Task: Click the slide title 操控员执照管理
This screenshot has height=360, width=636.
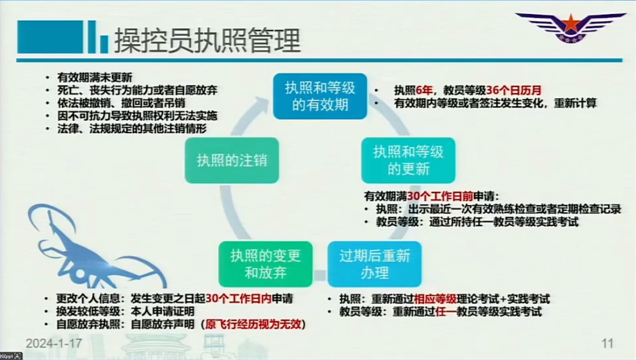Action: (207, 40)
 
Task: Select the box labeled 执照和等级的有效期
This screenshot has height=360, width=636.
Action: (320, 96)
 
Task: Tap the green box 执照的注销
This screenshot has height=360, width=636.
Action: (231, 160)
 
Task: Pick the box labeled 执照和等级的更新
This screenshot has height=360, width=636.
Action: (408, 160)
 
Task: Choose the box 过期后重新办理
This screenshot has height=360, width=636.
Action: (375, 264)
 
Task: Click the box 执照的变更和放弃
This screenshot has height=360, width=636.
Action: (265, 264)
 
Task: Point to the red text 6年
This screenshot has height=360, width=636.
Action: (424, 90)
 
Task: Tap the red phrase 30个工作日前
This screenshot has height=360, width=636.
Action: (440, 196)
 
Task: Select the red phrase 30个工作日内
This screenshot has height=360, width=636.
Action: (238, 299)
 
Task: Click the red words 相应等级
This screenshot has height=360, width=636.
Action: (435, 299)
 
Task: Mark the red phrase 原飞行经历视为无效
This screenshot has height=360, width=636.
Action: (253, 324)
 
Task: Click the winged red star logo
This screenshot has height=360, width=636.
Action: (571, 27)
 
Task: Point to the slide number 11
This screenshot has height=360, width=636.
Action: (607, 344)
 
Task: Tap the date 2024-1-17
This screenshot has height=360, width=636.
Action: (54, 344)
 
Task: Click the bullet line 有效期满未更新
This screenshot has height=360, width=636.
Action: (94, 77)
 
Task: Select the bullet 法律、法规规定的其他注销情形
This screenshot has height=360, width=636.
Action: (132, 128)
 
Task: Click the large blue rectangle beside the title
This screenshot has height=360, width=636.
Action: (50, 37)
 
